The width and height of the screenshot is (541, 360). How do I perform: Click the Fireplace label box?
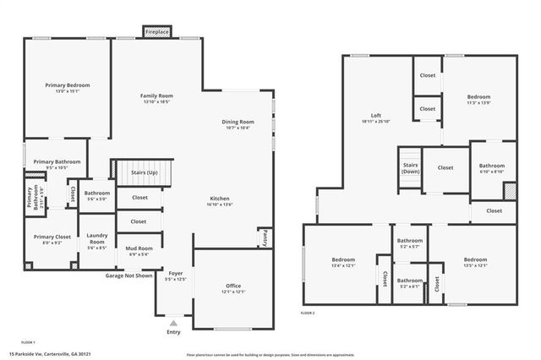pyautogui.click(x=156, y=32)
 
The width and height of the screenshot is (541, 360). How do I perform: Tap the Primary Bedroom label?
pyautogui.click(x=67, y=85)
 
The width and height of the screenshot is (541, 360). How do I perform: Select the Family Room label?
pyautogui.click(x=156, y=96)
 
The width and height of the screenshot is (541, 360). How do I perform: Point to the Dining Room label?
pyautogui.click(x=238, y=122)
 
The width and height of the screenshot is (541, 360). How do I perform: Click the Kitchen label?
pyautogui.click(x=220, y=198)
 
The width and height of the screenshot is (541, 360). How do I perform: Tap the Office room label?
pyautogui.click(x=233, y=286)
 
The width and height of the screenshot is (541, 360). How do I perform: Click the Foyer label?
pyautogui.click(x=175, y=274)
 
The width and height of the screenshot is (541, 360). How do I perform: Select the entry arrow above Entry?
pyautogui.click(x=173, y=322)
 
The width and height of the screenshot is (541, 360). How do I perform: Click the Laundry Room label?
pyautogui.click(x=97, y=242)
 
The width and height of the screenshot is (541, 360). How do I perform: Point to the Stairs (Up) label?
pyautogui.click(x=144, y=172)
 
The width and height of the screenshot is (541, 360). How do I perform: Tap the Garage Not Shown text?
pyautogui.click(x=128, y=275)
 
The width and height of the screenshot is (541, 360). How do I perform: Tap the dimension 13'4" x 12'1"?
pyautogui.click(x=342, y=265)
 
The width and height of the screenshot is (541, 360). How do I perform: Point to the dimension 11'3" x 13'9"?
pyautogui.click(x=478, y=102)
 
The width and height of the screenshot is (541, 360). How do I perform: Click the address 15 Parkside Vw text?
pyautogui.click(x=50, y=354)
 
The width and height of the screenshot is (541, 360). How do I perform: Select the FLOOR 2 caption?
pyautogui.click(x=308, y=314)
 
